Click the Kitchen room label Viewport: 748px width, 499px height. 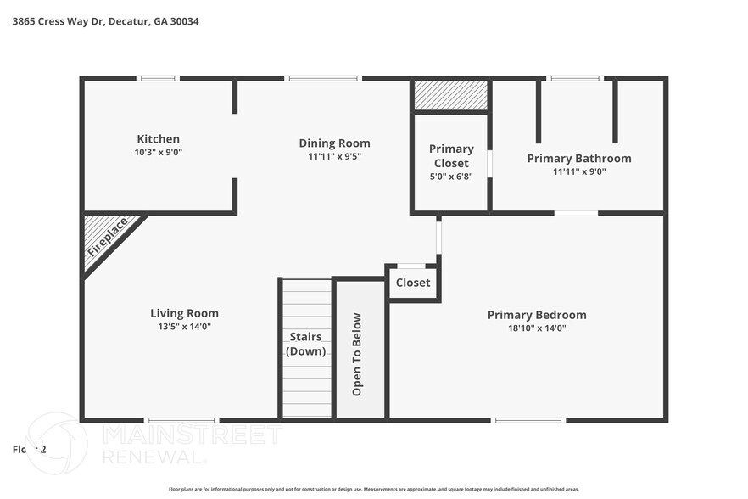[159, 139]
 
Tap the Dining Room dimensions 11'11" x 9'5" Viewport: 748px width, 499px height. [334, 156]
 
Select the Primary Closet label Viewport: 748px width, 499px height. [451, 156]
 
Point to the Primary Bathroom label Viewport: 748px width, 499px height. [579, 158]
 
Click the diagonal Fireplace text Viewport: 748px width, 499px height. [107, 237]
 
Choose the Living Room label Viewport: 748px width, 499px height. [184, 314]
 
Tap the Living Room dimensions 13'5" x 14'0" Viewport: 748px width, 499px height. [184, 328]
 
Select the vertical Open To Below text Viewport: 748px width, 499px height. [357, 354]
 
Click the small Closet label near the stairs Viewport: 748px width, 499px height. [413, 283]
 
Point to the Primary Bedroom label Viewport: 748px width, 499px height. [537, 315]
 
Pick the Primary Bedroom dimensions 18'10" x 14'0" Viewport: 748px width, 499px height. [537, 328]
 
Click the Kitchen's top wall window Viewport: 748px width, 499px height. [159, 78]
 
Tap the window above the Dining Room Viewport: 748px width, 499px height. [310, 78]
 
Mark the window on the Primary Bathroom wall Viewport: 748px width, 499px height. [574, 78]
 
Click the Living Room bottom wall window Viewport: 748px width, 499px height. [181, 420]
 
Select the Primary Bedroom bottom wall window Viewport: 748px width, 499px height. [528, 420]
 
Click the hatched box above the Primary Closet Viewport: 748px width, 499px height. [450, 95]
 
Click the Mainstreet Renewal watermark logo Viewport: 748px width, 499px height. [153, 445]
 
